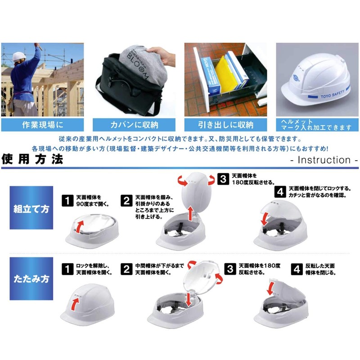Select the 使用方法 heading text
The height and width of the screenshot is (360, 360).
32,159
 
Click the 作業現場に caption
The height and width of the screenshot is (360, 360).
42,125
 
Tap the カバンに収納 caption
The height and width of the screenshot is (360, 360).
134,125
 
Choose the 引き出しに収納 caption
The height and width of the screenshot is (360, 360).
226,125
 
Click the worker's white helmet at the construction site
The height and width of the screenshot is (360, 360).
18,56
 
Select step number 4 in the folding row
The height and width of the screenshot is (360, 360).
297,269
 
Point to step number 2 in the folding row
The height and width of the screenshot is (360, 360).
127,269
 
